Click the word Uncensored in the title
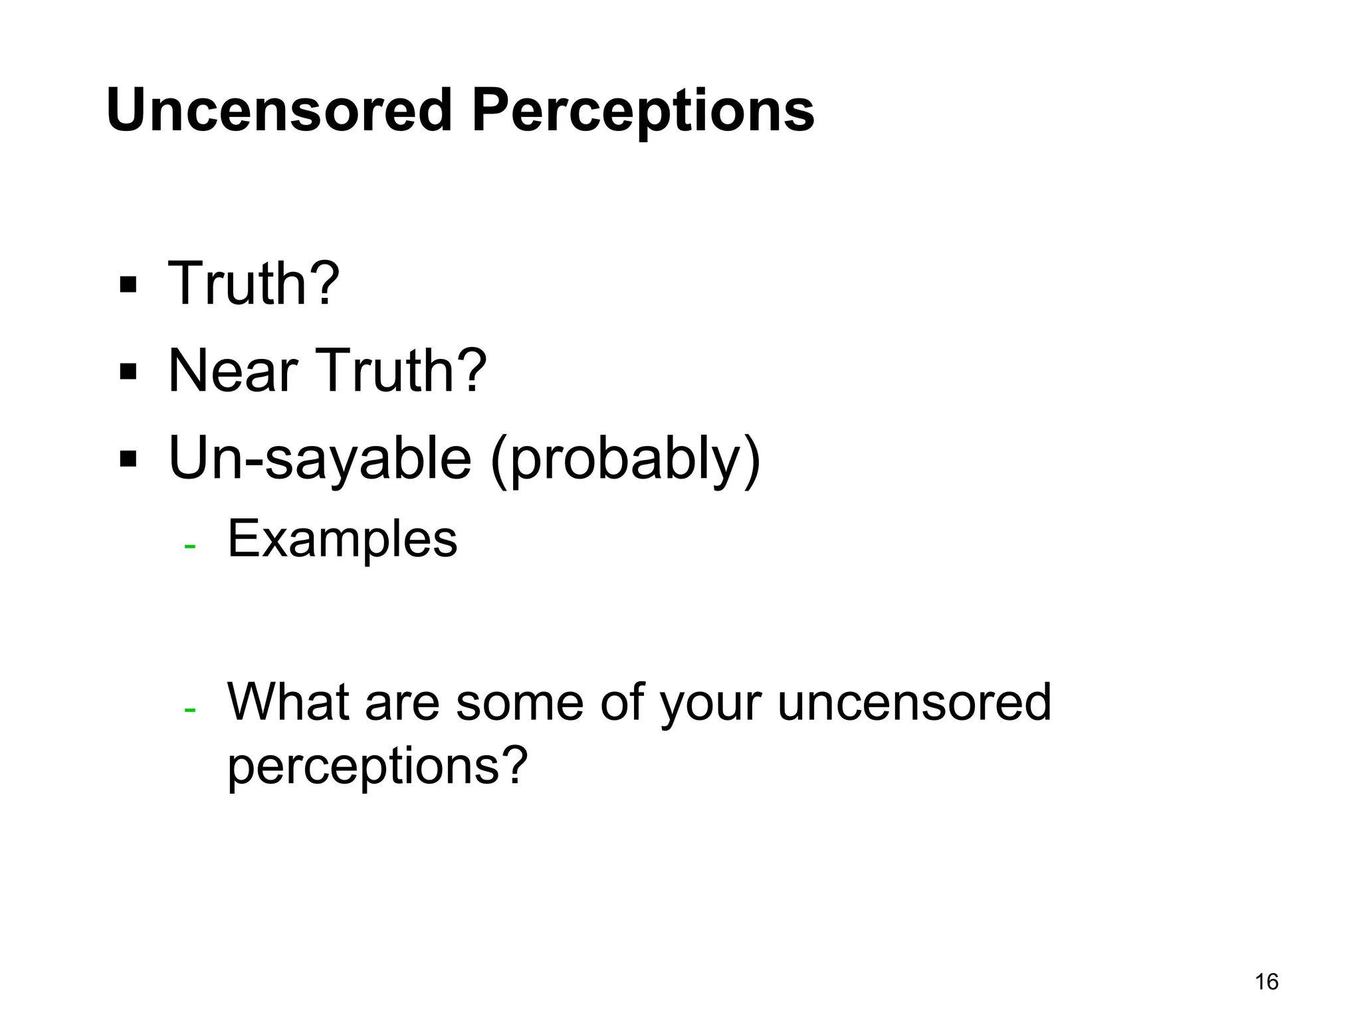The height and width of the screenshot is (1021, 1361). (x=279, y=110)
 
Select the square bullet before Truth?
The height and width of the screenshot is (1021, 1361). (x=128, y=285)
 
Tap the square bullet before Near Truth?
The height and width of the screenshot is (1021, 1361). (x=128, y=372)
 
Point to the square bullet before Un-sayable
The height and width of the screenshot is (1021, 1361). (x=128, y=459)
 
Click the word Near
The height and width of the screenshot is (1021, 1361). (x=233, y=371)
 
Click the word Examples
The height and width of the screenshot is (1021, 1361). (x=342, y=539)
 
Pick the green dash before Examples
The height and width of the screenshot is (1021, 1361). (x=190, y=546)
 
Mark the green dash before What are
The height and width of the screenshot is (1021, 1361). (x=190, y=710)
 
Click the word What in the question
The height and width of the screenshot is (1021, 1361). (x=288, y=702)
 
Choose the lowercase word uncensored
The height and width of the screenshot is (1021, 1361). (x=914, y=703)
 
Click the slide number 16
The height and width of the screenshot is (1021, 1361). (x=1267, y=982)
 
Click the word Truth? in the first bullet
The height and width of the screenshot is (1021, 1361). (x=254, y=284)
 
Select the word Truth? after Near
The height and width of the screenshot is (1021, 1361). (x=401, y=371)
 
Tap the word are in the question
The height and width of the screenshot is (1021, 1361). (x=402, y=703)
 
